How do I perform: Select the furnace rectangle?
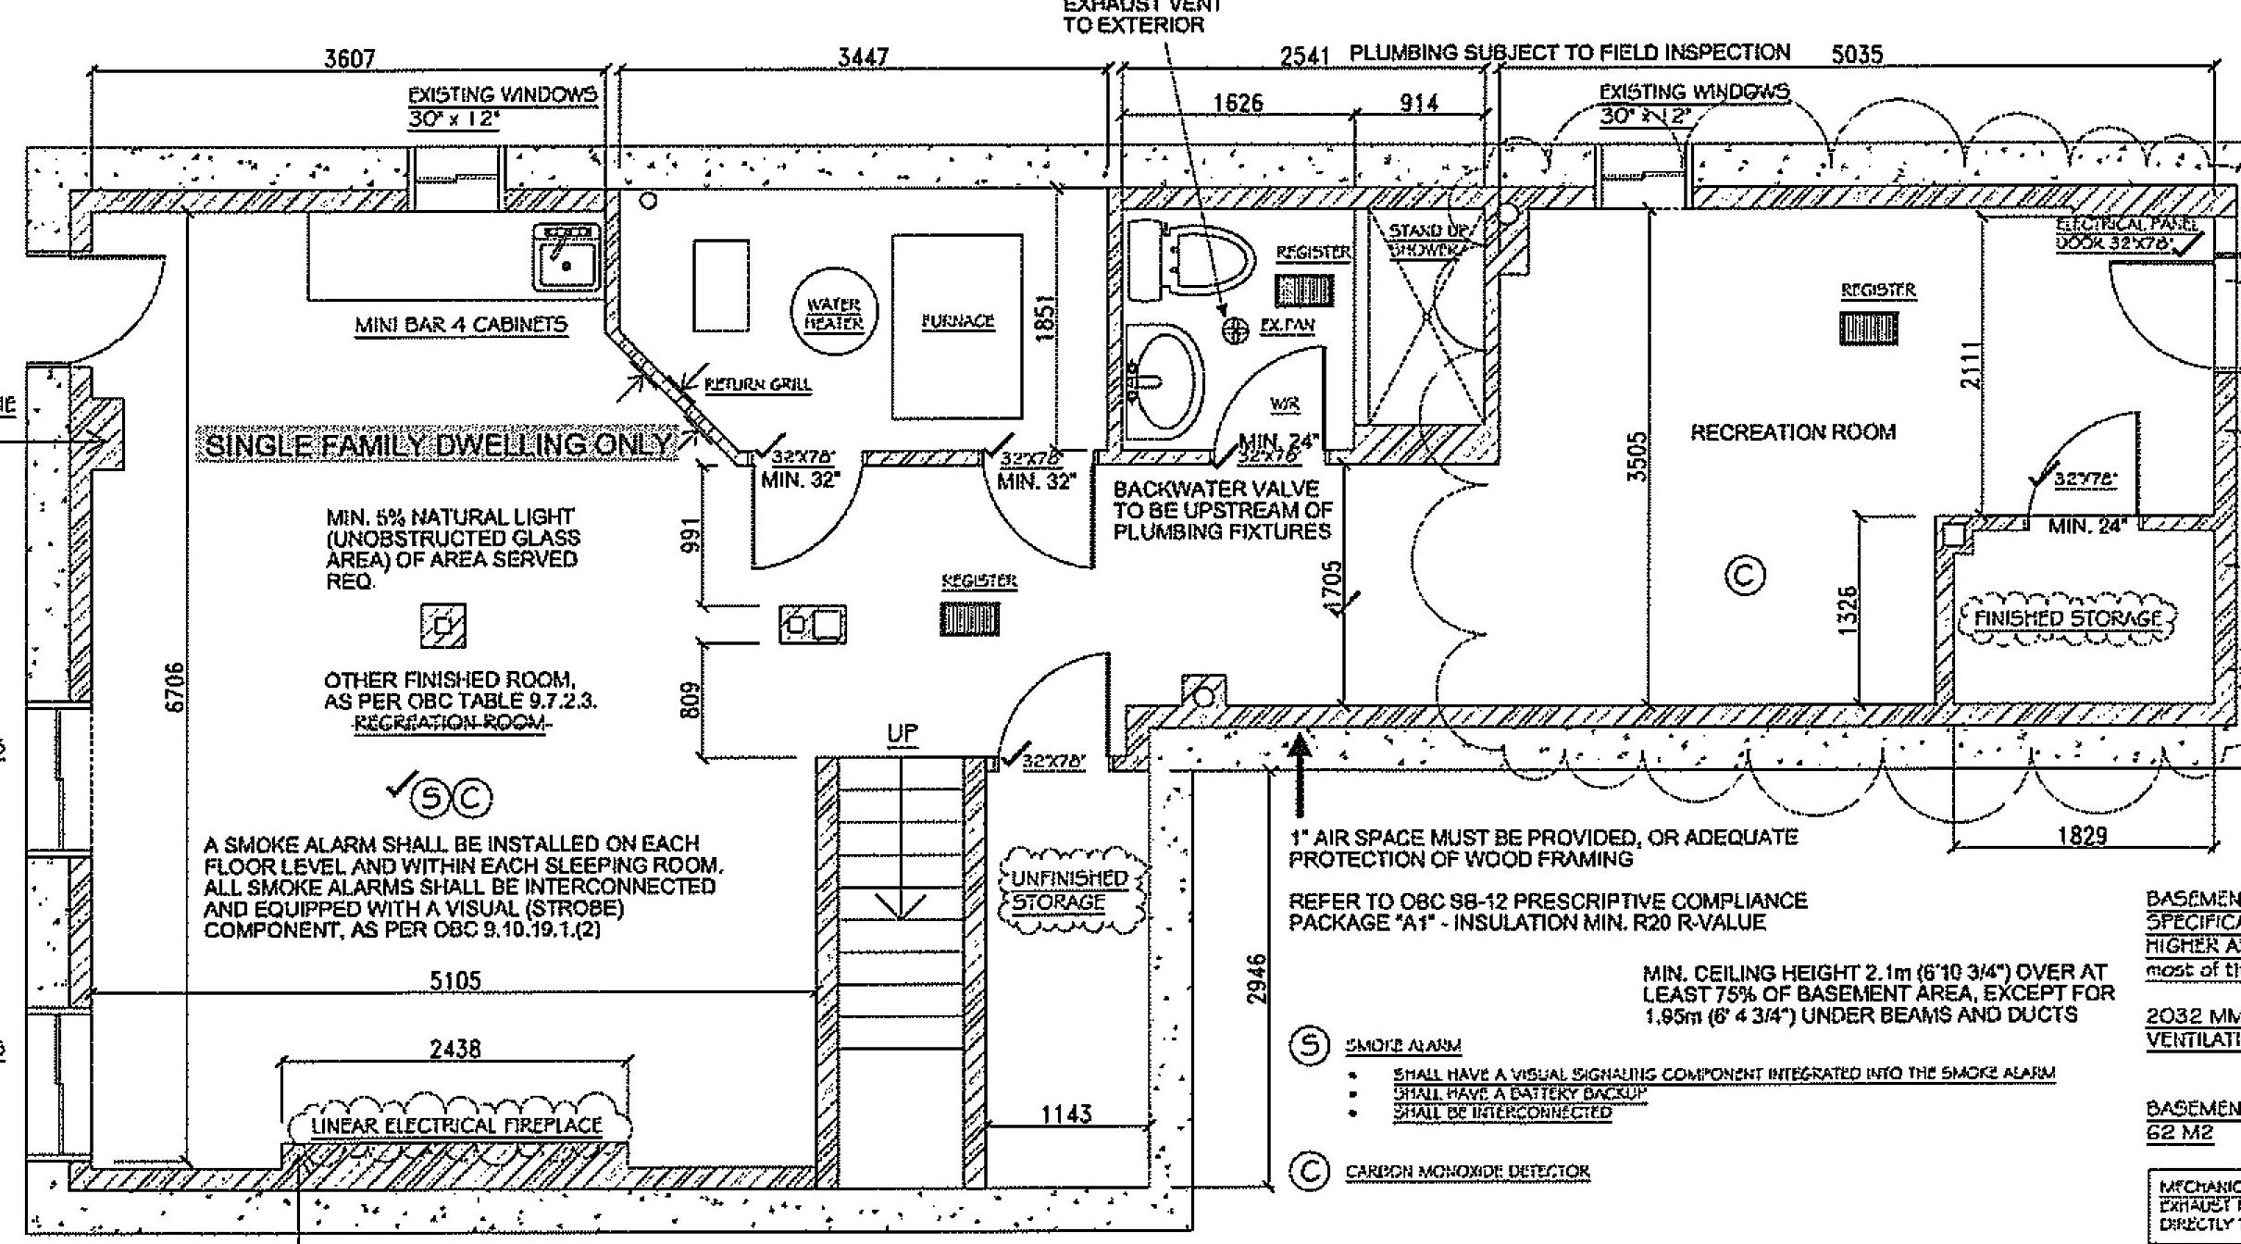[957, 326]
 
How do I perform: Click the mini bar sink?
[566, 258]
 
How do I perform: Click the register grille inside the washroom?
[1305, 291]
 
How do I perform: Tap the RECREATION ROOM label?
[1792, 432]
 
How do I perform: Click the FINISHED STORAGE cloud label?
[2067, 618]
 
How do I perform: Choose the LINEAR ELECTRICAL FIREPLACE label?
[456, 1126]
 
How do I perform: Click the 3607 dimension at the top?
[349, 59]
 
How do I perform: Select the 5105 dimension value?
[455, 980]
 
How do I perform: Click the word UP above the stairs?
[902, 733]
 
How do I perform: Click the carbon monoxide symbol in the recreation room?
[1745, 576]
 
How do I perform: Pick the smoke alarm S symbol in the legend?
[1309, 1047]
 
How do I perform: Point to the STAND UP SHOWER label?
[1426, 240]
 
